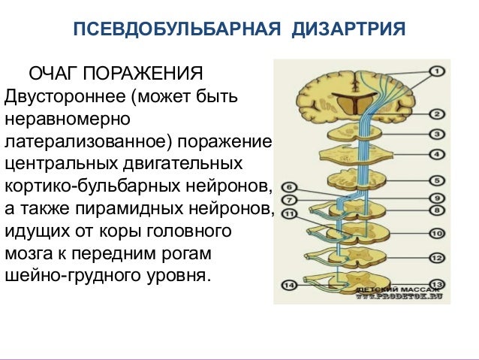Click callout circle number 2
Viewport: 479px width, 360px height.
435,115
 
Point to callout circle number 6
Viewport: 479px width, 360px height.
290,187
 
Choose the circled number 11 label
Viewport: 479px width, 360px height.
290,214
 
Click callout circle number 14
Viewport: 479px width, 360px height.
290,285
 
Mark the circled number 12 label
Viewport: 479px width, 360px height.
435,257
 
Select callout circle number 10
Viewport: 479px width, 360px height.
435,233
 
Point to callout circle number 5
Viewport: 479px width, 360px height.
435,181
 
